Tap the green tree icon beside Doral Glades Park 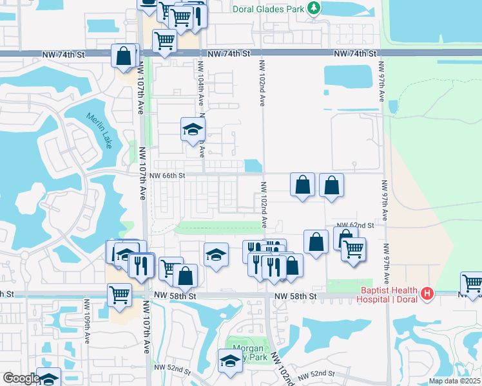(x=313, y=8)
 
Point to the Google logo (x=21, y=378)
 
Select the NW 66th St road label (x=168, y=175)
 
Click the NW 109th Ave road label (x=87, y=316)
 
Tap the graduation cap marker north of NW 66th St (x=192, y=129)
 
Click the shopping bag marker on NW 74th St (x=123, y=55)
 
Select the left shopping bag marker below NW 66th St (x=302, y=185)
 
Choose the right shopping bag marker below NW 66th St (x=331, y=185)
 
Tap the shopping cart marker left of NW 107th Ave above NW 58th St (x=120, y=295)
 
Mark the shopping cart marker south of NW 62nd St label (x=353, y=249)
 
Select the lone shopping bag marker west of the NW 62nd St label (x=316, y=243)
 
